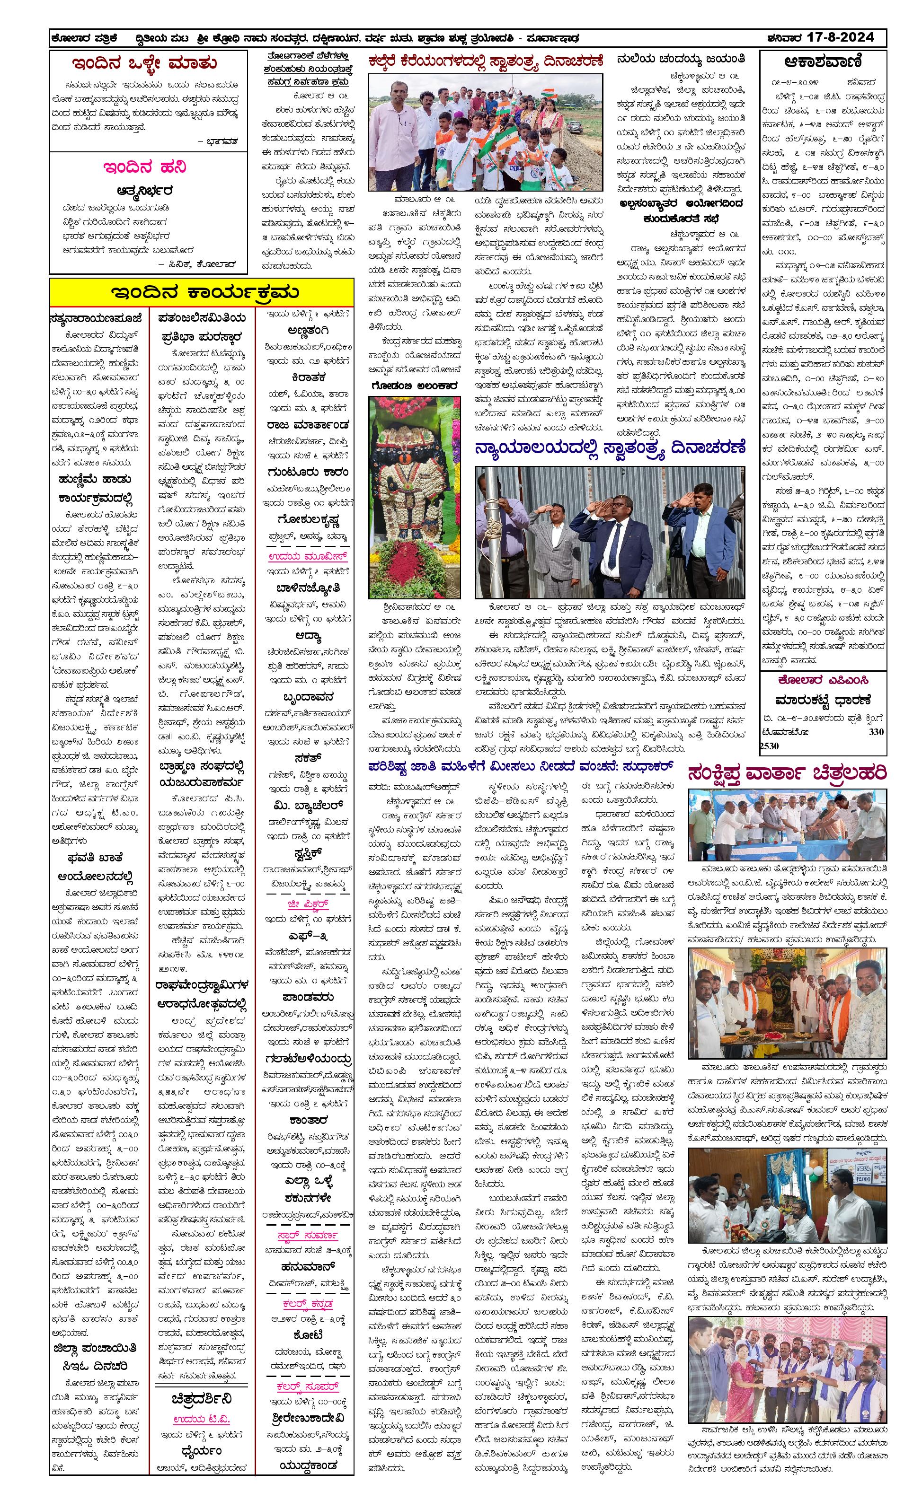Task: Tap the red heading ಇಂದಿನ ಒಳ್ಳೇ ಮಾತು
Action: pyautogui.click(x=144, y=63)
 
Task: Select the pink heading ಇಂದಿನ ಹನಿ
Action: pyautogui.click(x=144, y=167)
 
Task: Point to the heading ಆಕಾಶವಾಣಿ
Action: pyautogui.click(x=822, y=62)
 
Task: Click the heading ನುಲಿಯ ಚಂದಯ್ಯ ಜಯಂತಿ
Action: pyautogui.click(x=681, y=60)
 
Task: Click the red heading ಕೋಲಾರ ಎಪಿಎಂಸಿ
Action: pyautogui.click(x=823, y=680)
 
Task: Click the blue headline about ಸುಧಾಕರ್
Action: pyautogui.click(x=521, y=766)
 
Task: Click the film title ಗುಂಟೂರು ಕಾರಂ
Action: pyautogui.click(x=308, y=472)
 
